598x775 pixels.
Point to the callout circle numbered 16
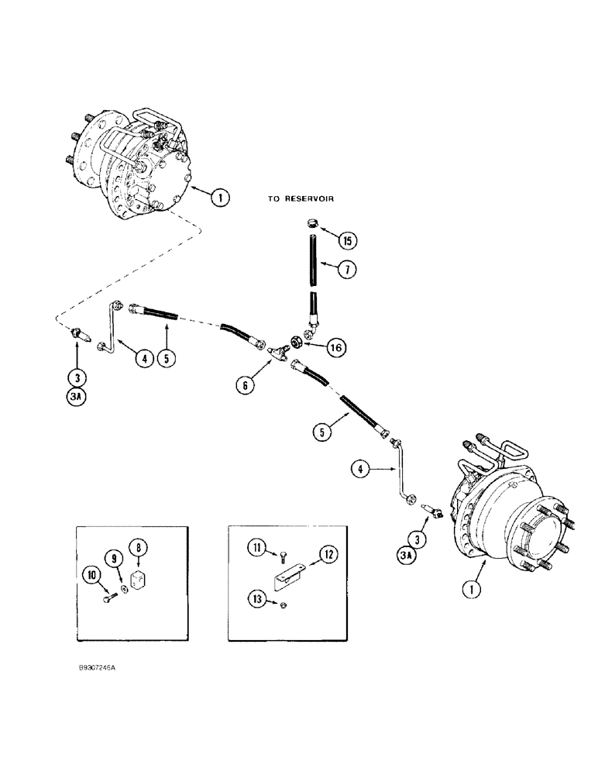[x=336, y=349]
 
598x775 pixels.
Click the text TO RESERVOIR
[x=301, y=199]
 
